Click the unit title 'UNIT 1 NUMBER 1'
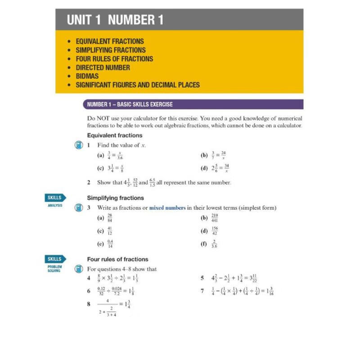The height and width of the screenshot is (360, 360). click(x=115, y=20)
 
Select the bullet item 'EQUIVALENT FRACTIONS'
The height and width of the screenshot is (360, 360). click(x=110, y=41)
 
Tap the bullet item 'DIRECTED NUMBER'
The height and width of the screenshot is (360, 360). click(x=103, y=67)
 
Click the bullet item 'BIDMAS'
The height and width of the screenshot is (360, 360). click(x=87, y=76)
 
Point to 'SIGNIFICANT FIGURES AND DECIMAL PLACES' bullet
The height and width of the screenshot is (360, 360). click(x=138, y=85)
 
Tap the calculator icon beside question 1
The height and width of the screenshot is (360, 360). click(x=78, y=145)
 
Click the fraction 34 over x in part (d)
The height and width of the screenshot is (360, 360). click(x=226, y=168)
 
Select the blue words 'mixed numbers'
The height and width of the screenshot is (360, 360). click(x=167, y=208)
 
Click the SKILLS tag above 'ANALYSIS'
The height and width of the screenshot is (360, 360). click(x=54, y=198)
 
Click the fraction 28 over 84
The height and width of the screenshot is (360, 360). click(x=110, y=218)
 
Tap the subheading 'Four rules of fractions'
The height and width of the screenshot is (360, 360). click(x=117, y=259)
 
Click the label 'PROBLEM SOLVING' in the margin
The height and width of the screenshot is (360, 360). click(x=54, y=269)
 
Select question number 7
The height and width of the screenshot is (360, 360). click(x=202, y=291)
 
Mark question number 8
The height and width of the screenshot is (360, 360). click(x=89, y=304)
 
